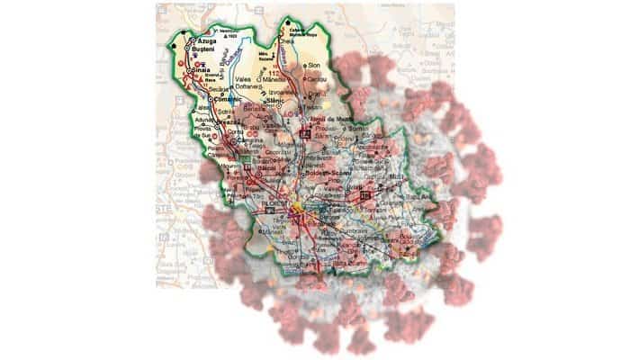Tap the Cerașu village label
(314, 78)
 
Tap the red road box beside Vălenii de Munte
(306, 133)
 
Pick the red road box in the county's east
(365, 194)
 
